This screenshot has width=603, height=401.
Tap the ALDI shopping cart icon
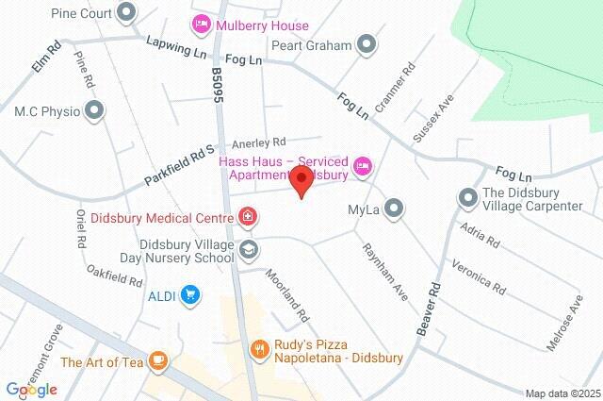tap(190, 295)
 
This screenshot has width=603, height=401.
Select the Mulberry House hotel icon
tap(200, 22)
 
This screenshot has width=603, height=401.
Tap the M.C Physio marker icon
tap(93, 111)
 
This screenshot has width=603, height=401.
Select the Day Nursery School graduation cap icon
tap(248, 249)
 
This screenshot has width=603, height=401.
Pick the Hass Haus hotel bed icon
tap(363, 168)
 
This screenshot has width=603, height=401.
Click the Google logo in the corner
tap(31, 389)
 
